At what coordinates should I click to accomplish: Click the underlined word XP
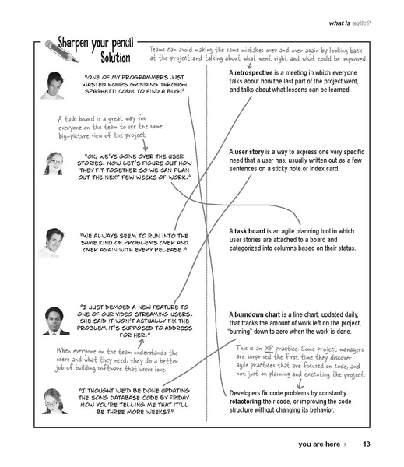269,348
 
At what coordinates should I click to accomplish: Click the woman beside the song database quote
54,399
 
